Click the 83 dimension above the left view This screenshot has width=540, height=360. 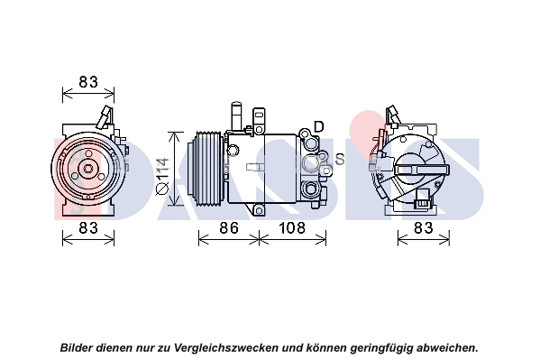tap(88, 82)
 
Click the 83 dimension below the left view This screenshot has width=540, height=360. tap(88, 228)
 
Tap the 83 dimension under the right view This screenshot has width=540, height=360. tap(424, 228)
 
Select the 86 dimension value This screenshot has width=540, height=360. tap(229, 228)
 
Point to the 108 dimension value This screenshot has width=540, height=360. tap(292, 228)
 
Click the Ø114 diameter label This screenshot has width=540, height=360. tap(162, 176)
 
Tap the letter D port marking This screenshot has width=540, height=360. tap(319, 127)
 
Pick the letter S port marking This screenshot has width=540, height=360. tap(340, 159)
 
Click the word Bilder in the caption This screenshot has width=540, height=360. tap(77, 347)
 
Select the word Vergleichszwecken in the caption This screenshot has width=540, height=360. tap(226, 347)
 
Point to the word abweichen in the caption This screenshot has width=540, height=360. tap(445, 347)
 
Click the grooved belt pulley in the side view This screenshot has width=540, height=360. tap(206, 169)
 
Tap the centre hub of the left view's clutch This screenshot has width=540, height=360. tap(88, 169)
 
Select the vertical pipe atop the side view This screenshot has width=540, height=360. tap(236, 116)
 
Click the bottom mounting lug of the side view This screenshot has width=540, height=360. tap(259, 210)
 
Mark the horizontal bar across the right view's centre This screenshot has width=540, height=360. tap(422, 170)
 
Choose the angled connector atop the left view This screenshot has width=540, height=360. tap(105, 116)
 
